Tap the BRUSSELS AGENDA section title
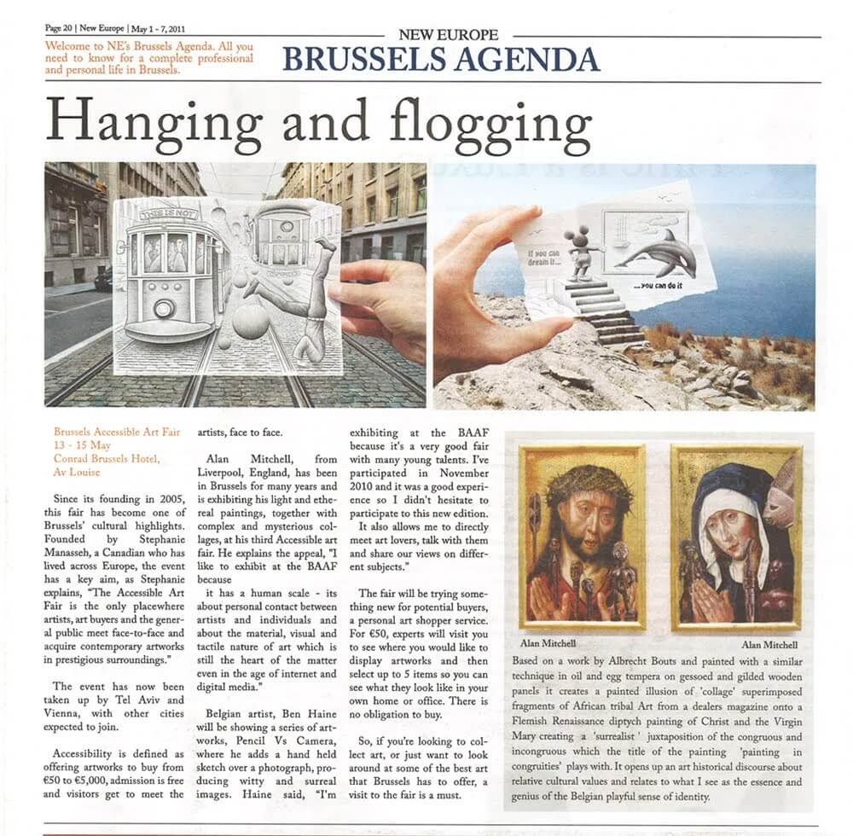point(441,59)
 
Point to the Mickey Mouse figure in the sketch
point(583,252)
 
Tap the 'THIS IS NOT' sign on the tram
point(171,212)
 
